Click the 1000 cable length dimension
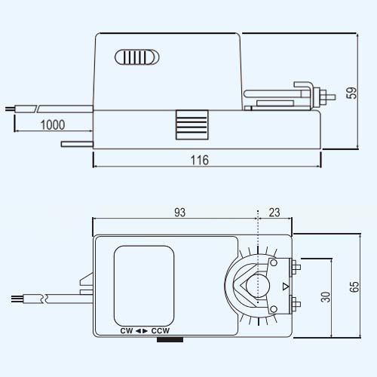(x=53, y=125)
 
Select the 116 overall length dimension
(x=200, y=160)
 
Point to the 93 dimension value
(x=180, y=213)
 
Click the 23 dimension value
(x=274, y=213)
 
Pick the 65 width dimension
(x=354, y=287)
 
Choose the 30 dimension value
(x=326, y=296)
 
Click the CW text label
(x=127, y=331)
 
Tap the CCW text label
(x=161, y=331)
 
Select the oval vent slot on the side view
(x=137, y=57)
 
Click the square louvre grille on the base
(x=192, y=124)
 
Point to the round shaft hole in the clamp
(x=258, y=286)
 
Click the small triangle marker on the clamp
(x=286, y=287)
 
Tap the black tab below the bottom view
(x=170, y=339)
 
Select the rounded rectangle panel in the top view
(x=144, y=286)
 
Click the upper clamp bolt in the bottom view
(x=295, y=267)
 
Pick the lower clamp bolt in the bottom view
(x=295, y=305)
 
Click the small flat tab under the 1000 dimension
(x=77, y=144)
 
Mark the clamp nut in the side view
(x=323, y=97)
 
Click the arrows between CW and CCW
(x=142, y=331)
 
